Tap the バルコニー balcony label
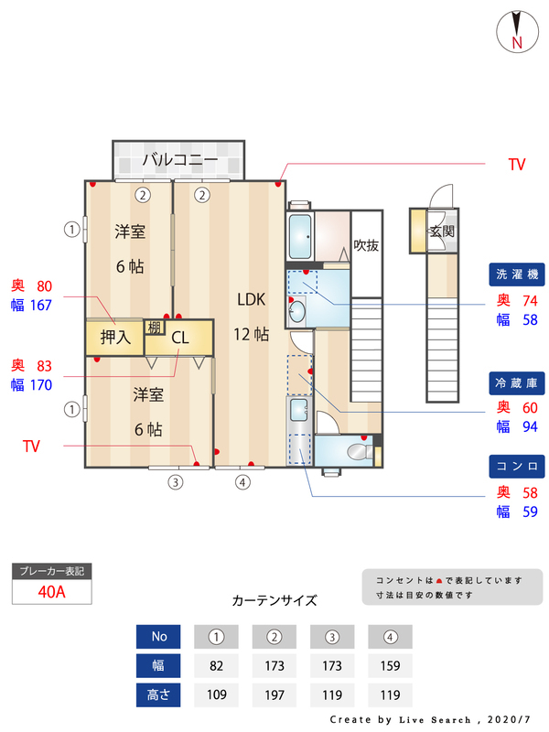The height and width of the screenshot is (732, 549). point(179,160)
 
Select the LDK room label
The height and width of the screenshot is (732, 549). point(252,299)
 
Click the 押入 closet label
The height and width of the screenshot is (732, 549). point(115,338)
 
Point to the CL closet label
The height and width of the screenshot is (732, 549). point(180,338)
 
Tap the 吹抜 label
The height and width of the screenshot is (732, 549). point(366,245)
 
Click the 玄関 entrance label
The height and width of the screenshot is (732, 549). point(442,231)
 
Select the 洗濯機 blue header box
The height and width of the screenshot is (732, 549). point(518,274)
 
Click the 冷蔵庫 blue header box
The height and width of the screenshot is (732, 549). point(518,381)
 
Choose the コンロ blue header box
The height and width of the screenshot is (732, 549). point(518,466)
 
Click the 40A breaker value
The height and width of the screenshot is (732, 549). point(52,591)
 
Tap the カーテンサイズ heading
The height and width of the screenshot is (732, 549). point(274,601)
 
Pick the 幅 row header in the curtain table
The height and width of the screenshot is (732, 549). point(158,665)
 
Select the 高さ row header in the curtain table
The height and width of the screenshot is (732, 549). point(158,694)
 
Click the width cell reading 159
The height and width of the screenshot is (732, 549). point(390,665)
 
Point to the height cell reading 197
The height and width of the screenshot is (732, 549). point(274,694)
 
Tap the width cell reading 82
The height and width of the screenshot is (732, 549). point(217,665)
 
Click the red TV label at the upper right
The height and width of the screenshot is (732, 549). point(517,165)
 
